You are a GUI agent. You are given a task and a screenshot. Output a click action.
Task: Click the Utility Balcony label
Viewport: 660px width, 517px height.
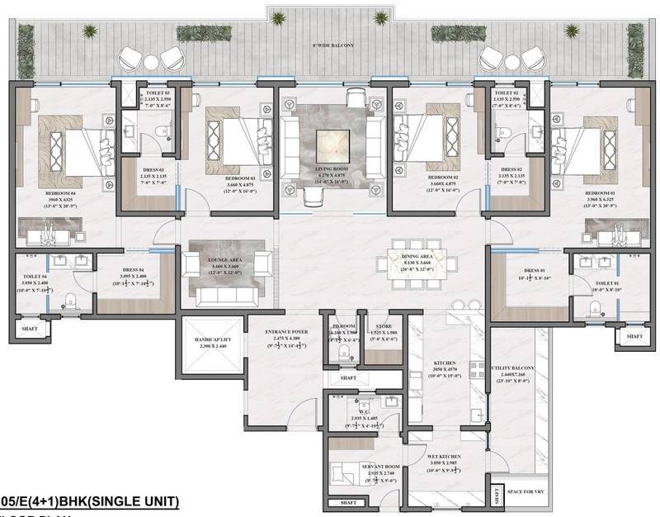[516, 369]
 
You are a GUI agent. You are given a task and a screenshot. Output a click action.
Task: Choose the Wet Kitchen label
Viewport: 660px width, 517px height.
[442, 458]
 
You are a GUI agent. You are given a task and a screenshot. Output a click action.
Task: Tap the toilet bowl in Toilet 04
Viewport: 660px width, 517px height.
[73, 299]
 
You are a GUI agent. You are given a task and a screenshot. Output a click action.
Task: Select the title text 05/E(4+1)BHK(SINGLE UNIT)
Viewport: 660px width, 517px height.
[88, 500]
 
